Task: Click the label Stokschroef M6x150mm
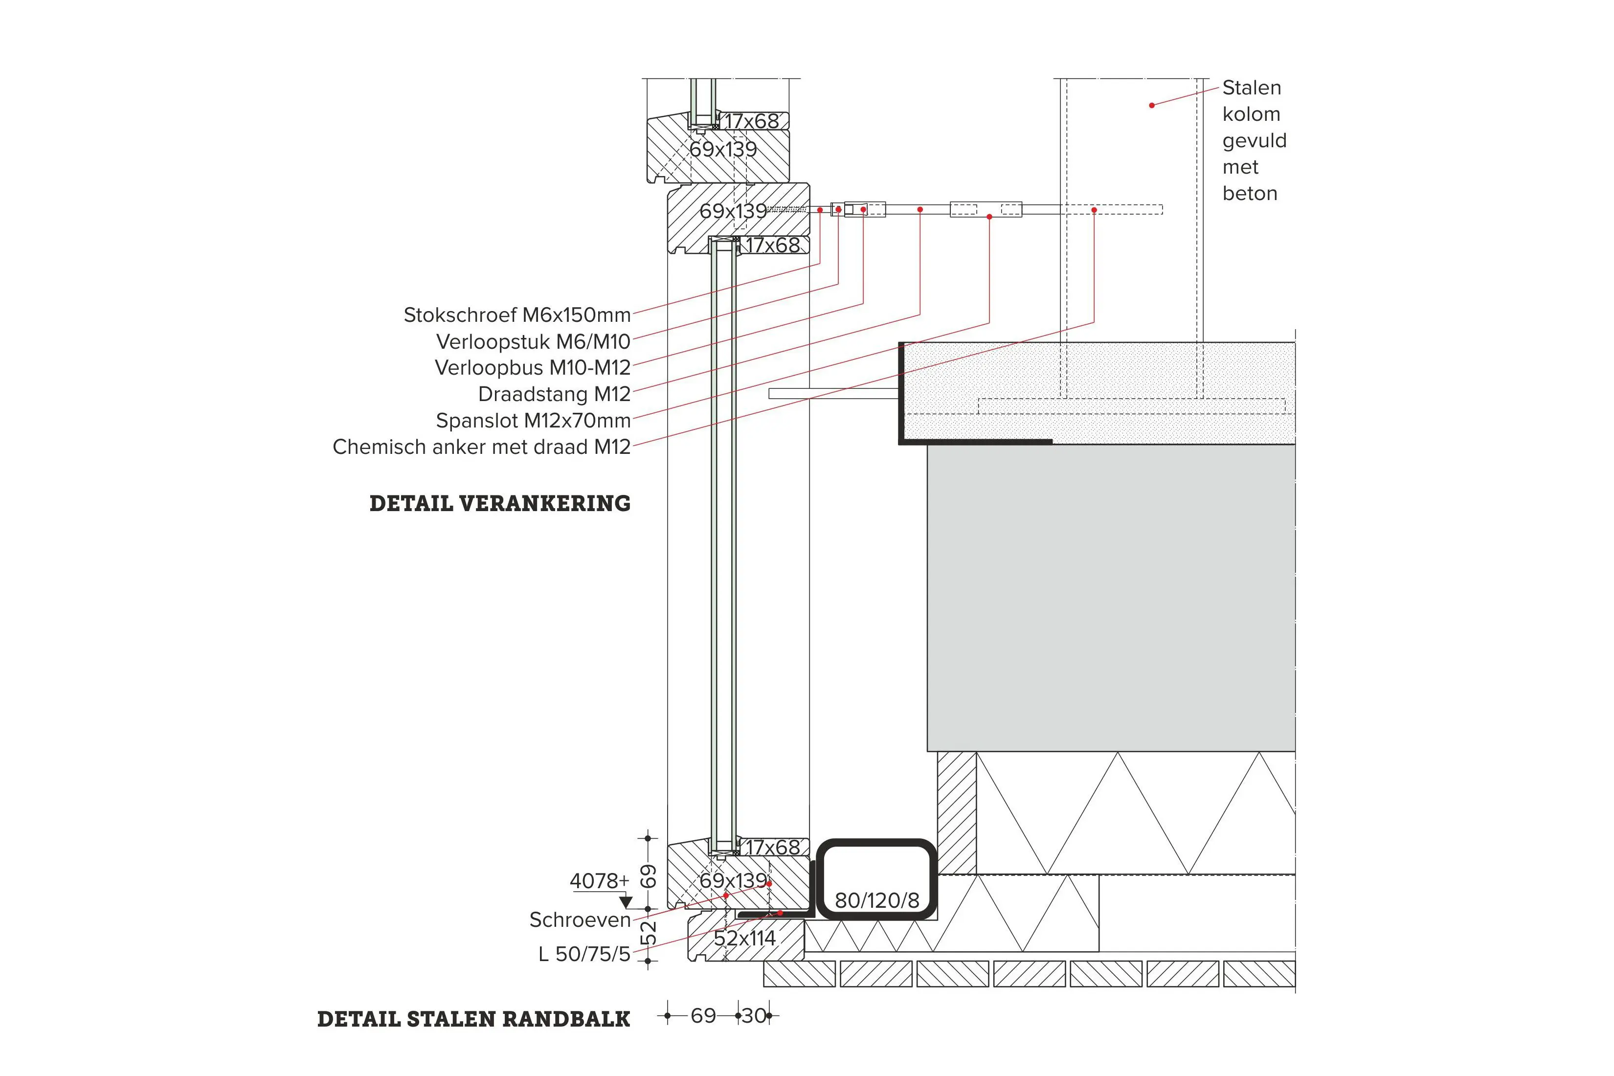[517, 315]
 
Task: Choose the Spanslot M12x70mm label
[533, 420]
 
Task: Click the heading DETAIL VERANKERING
[499, 504]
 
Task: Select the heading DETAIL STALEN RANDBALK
[473, 1019]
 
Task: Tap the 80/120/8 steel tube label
[876, 900]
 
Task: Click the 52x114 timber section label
[744, 938]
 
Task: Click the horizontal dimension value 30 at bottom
[754, 1016]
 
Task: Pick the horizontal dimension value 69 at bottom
[703, 1016]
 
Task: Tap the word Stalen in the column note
[1251, 88]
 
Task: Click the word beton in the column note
[1250, 194]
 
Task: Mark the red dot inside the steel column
[1151, 105]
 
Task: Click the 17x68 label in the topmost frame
[752, 121]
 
